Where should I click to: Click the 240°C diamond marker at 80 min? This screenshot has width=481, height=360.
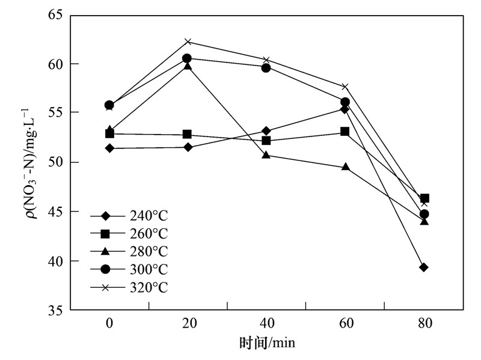coord(424,267)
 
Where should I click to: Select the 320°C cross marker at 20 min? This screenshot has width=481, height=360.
coord(188,41)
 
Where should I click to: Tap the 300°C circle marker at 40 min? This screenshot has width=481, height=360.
coord(266,67)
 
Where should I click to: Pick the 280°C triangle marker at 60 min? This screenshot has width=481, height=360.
coord(345,166)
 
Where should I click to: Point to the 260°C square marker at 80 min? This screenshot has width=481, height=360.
coord(424,198)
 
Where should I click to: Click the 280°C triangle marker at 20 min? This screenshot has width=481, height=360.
coord(188,66)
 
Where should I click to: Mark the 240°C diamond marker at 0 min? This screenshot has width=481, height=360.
coord(109,148)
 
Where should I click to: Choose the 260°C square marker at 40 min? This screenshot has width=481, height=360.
coord(266,141)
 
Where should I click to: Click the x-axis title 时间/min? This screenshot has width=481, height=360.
coord(267,343)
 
